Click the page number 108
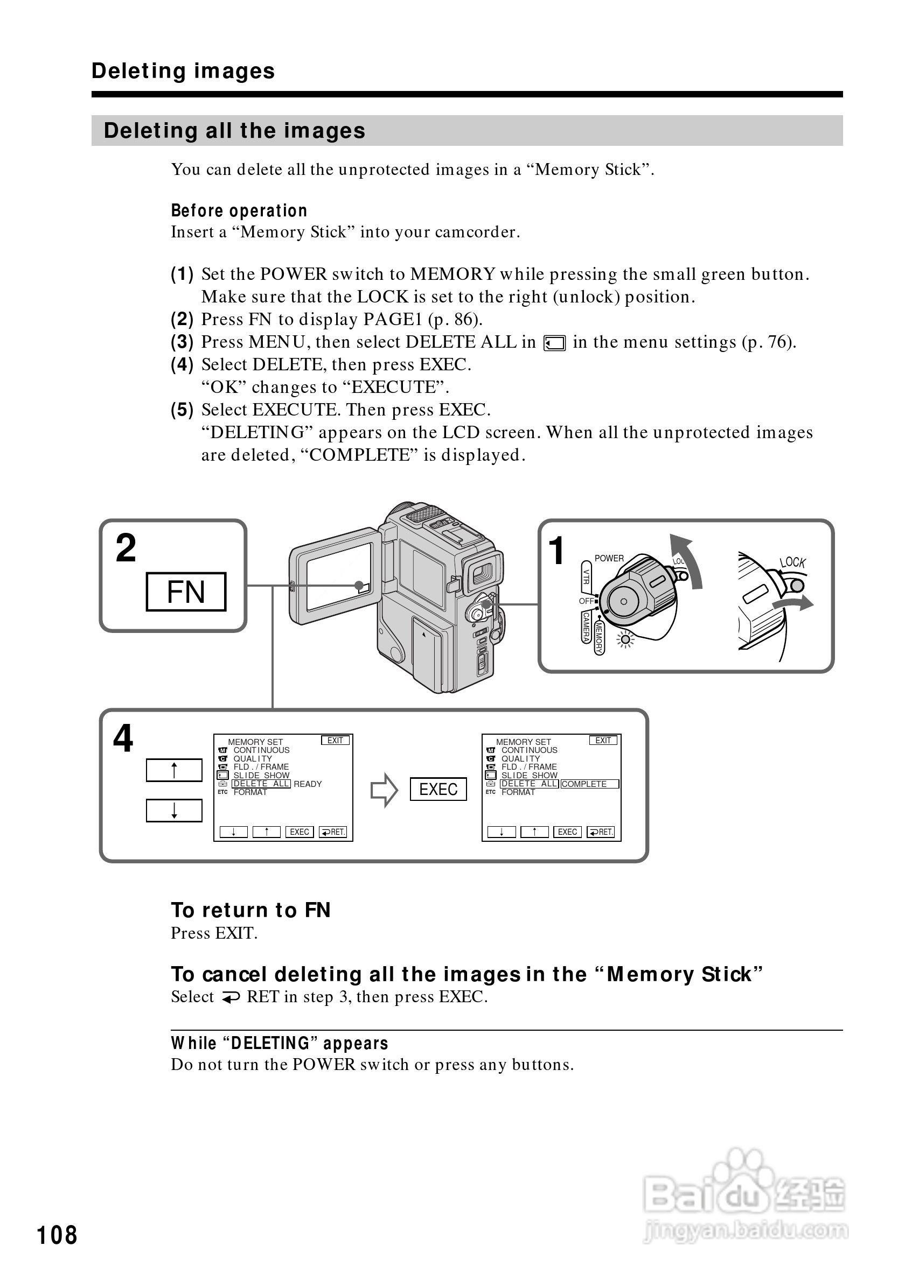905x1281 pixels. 57,1235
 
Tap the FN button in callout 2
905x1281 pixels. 186,592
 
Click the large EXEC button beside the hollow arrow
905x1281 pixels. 438,789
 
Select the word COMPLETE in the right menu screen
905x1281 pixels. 584,784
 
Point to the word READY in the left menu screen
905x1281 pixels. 308,784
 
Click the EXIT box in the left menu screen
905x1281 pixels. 335,741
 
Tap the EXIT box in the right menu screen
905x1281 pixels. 603,741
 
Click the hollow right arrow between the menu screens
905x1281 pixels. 384,790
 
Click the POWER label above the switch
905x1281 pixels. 609,558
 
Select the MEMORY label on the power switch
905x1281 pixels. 599,638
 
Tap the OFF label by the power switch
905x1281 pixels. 586,601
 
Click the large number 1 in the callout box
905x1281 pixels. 556,551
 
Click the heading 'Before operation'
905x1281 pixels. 239,211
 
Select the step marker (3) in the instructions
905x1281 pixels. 182,342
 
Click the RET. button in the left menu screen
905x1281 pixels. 333,832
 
